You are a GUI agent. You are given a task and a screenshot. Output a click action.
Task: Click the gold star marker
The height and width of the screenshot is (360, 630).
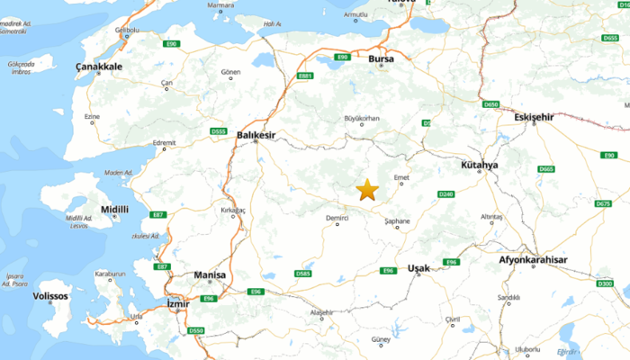point(367,190)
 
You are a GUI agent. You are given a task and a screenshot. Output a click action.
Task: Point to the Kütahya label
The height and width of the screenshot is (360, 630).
point(478,166)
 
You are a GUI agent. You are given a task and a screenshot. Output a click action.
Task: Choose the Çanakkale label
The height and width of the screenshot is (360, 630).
point(98,67)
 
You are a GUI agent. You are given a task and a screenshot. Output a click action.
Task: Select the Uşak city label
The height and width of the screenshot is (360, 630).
point(418,268)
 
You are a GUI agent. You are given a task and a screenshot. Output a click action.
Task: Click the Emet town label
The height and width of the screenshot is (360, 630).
point(401,177)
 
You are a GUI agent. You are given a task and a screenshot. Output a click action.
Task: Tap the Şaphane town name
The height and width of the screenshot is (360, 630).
point(397,220)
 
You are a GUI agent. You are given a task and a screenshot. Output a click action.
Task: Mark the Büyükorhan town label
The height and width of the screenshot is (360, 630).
point(363,118)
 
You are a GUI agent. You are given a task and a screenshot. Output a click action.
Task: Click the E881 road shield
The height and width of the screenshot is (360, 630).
point(305,76)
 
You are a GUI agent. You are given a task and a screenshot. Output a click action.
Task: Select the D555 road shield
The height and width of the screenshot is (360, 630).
point(218,131)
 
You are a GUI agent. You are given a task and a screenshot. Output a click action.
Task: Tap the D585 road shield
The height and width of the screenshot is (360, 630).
point(303,274)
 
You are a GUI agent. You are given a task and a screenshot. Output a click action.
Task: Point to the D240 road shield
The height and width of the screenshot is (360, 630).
point(445,194)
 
